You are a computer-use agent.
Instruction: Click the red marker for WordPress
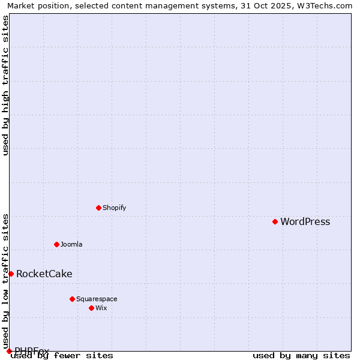(x=275, y=221)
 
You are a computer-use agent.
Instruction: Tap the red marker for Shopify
(x=98, y=208)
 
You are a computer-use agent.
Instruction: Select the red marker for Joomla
(x=56, y=244)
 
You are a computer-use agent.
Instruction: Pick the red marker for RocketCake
(x=11, y=274)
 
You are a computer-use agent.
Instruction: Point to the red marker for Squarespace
(x=72, y=299)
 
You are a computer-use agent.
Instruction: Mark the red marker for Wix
(x=91, y=308)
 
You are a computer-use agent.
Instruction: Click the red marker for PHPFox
(x=9, y=351)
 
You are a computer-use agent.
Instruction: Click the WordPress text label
(x=305, y=222)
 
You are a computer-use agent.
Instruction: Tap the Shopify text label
(x=114, y=208)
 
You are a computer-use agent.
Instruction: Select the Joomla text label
(x=71, y=245)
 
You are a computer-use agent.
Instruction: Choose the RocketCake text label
(x=44, y=274)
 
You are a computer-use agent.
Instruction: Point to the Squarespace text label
(x=97, y=299)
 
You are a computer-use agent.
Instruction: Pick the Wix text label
(x=101, y=308)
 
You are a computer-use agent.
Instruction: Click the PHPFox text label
(x=32, y=351)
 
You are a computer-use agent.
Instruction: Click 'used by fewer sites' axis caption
(x=62, y=356)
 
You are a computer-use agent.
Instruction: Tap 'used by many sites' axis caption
(x=301, y=356)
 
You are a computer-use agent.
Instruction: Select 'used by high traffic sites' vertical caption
(x=5, y=85)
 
